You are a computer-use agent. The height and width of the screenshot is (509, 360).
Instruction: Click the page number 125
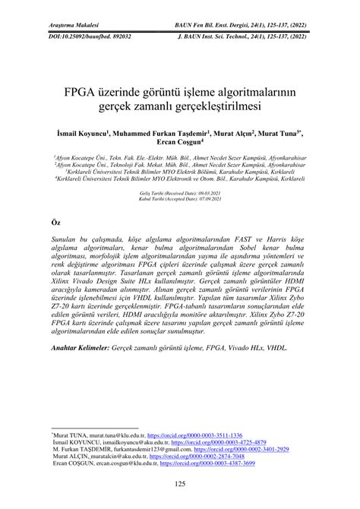(x=180, y=485)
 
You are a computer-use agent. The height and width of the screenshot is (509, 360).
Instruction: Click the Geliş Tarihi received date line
(x=179, y=194)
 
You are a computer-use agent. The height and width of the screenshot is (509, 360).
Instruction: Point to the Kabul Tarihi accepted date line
(x=179, y=199)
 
